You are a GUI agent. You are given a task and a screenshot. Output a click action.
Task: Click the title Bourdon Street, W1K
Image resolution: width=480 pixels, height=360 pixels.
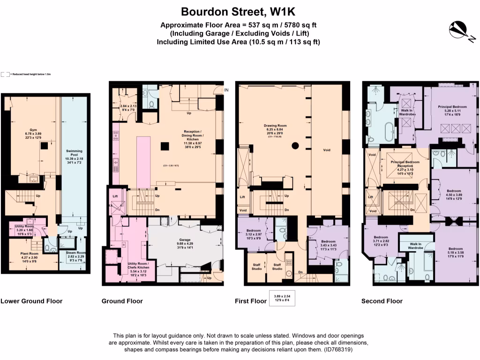click(x=240, y=11)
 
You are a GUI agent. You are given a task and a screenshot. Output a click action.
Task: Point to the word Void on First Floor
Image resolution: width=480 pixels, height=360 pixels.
click(x=327, y=150)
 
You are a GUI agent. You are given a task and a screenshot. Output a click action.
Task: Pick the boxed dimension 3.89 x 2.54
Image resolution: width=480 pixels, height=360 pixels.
click(x=282, y=297)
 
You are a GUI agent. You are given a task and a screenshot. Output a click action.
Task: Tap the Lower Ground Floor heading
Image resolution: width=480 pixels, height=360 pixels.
click(x=31, y=301)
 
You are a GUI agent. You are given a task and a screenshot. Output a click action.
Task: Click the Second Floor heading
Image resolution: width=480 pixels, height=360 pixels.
click(x=382, y=301)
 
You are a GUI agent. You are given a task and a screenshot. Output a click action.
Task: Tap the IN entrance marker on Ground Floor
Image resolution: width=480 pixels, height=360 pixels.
click(x=226, y=90)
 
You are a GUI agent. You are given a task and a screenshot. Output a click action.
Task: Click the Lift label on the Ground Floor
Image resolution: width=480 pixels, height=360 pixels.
click(x=115, y=196)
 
